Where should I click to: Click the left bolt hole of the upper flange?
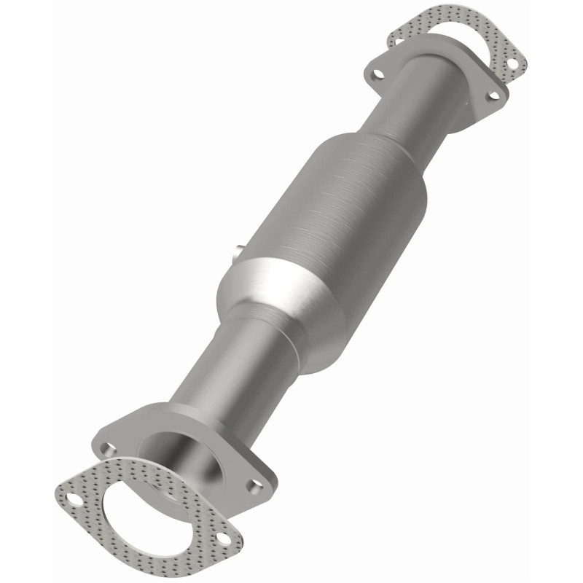pos(377,73)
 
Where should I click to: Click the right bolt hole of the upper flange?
pos(493,95)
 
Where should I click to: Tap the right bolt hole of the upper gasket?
pos(512,63)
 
